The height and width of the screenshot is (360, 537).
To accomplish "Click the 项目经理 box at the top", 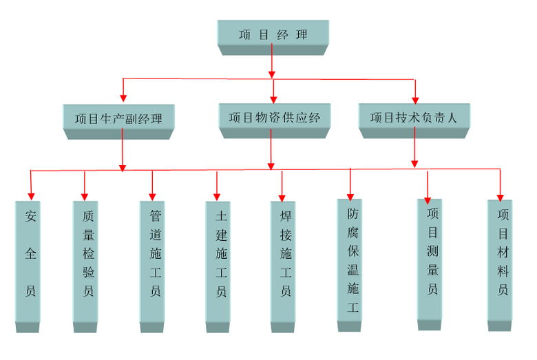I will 273,34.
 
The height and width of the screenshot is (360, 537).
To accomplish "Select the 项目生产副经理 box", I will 118,118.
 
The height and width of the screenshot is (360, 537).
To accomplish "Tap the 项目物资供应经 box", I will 274,117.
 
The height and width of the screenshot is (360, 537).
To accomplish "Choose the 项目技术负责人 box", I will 414,117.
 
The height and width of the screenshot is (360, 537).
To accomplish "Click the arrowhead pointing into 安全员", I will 30,195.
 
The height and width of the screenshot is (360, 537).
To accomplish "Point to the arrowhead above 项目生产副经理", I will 124,98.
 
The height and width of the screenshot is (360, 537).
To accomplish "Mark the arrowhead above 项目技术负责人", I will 415,96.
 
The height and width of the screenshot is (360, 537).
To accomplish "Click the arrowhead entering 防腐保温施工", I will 350,193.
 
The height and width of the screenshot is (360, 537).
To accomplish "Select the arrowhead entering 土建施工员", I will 217,195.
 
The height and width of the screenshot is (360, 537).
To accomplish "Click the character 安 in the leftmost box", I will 30,217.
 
